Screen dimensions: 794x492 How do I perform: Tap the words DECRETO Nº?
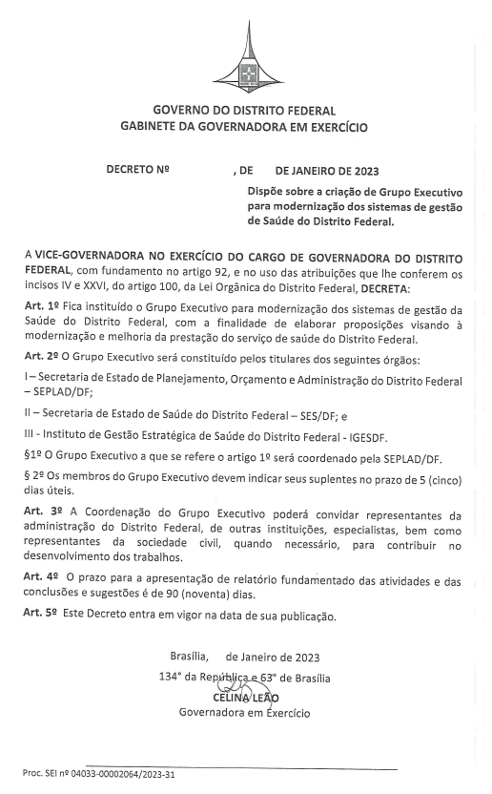tap(137, 172)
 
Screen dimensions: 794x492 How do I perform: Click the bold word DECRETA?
tap(382, 287)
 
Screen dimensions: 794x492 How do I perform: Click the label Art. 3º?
tap(43, 512)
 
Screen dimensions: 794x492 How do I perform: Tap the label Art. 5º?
tap(42, 615)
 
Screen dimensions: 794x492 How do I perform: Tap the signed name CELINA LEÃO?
tap(246, 697)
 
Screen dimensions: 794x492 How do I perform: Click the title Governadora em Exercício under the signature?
tap(244, 712)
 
